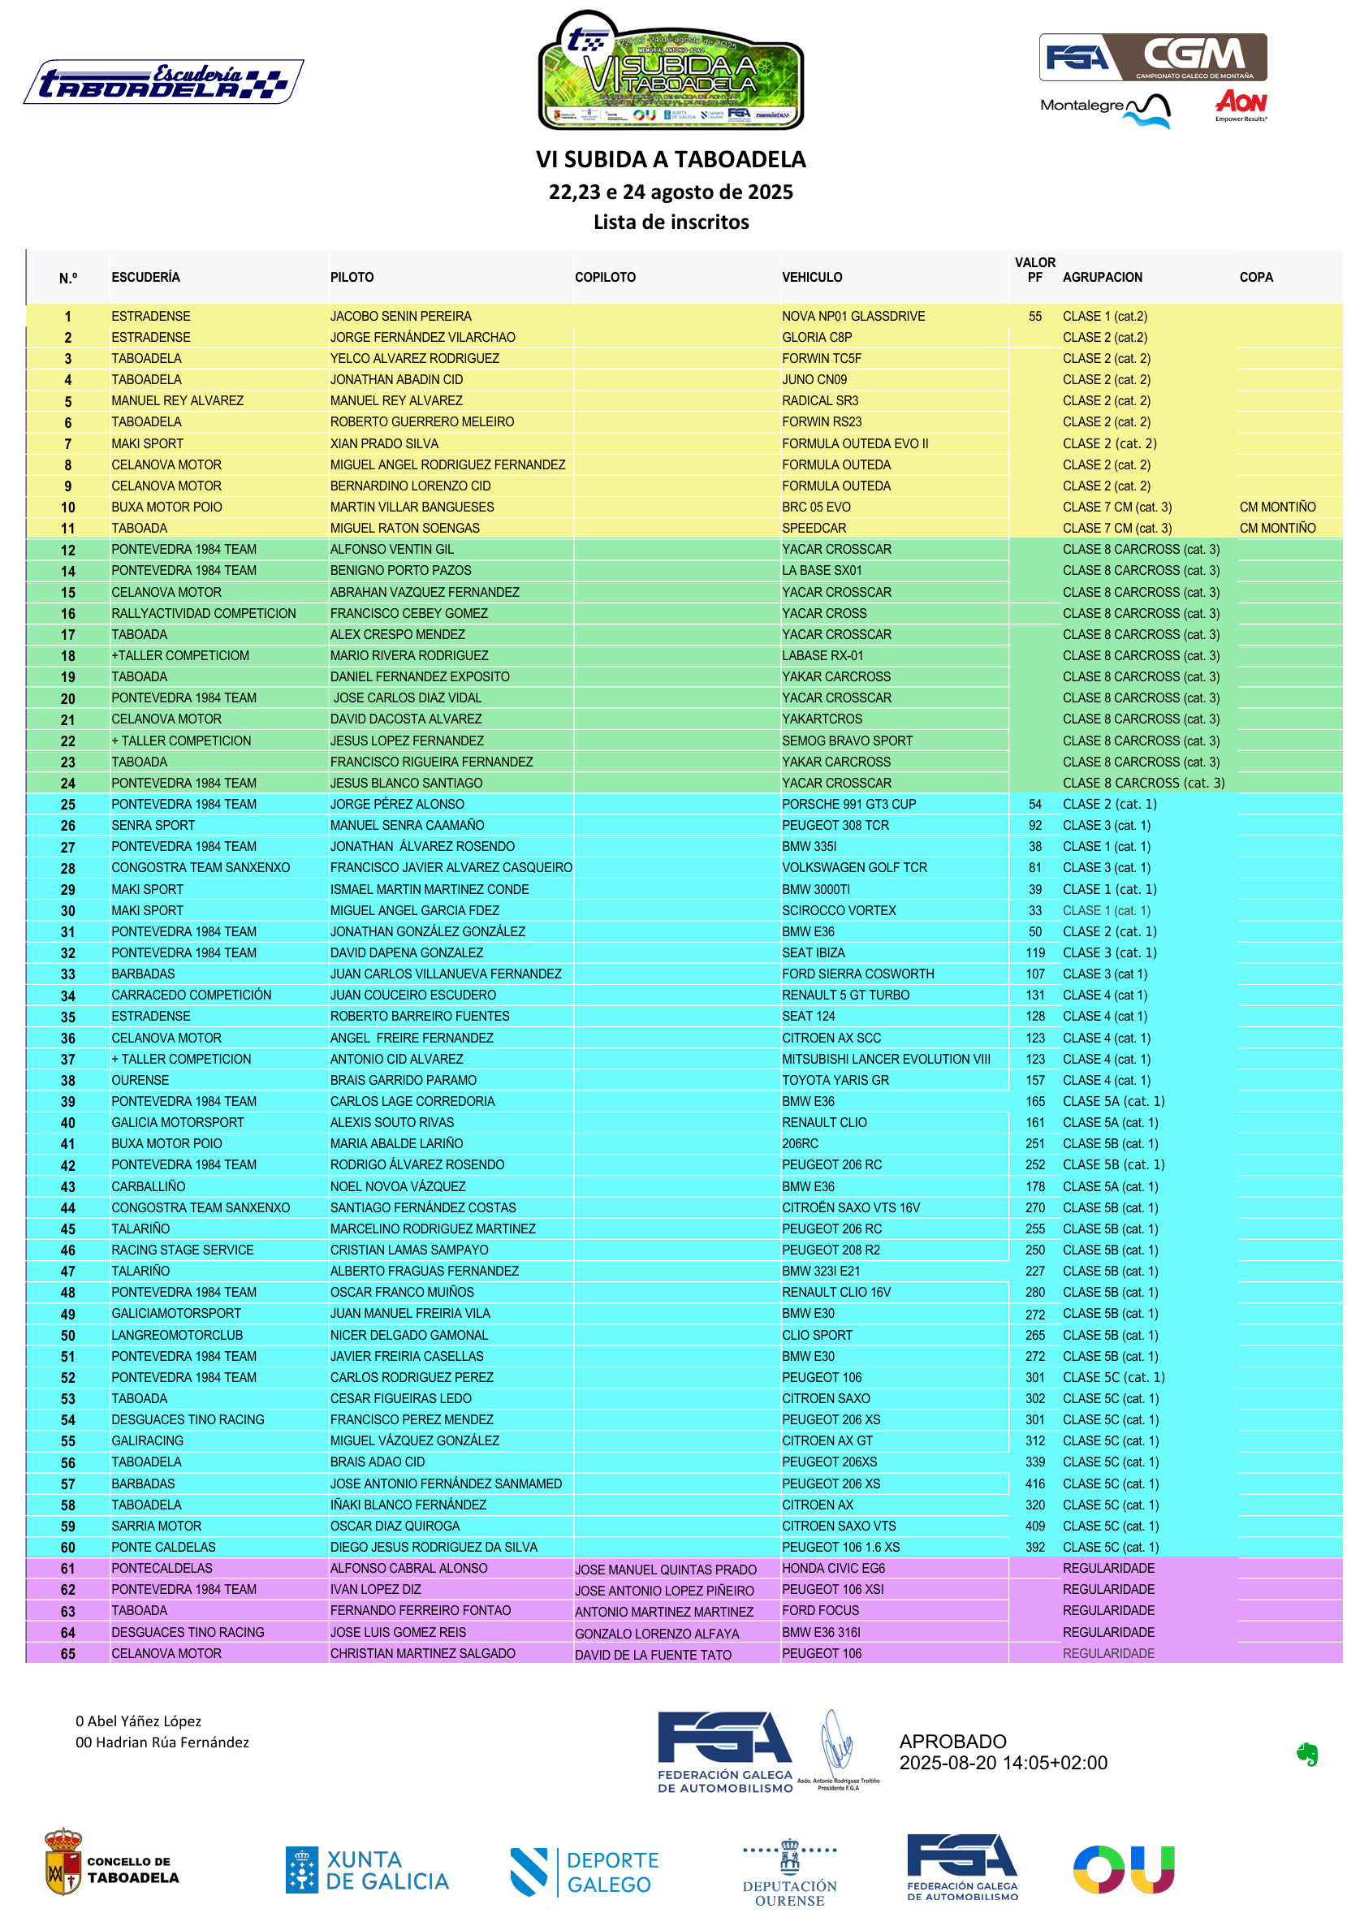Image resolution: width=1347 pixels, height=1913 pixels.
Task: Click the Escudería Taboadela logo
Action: pos(163,82)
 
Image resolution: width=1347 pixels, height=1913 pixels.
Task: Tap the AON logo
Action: pos(1241,103)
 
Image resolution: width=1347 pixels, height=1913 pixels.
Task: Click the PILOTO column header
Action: pos(352,278)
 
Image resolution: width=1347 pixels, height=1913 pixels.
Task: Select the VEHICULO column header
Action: pos(811,278)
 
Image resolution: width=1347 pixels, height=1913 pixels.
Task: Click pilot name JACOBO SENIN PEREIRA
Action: pos(400,317)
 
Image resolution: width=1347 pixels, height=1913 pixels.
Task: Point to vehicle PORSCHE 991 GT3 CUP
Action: pos(848,805)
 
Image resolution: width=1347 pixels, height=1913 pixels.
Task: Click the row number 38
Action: pos(67,1081)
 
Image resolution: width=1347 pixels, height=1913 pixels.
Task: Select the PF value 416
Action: pos(1034,1484)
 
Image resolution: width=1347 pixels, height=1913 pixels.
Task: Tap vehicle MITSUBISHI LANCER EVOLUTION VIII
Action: pos(886,1060)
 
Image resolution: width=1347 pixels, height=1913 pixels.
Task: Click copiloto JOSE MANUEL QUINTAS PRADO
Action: pos(666,1570)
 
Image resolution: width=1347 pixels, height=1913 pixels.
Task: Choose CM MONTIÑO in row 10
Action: pos(1277,507)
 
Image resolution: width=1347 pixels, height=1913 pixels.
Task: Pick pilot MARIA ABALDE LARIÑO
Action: pos(396,1144)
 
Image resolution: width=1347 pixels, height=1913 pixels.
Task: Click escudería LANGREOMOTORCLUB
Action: pos(177,1336)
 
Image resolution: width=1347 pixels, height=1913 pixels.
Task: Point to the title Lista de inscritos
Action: pos(671,222)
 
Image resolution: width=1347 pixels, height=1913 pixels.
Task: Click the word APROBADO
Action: pos(952,1742)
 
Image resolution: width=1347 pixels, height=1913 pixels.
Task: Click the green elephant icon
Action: pos(1306,1755)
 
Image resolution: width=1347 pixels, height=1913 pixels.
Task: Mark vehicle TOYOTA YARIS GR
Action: pos(835,1081)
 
